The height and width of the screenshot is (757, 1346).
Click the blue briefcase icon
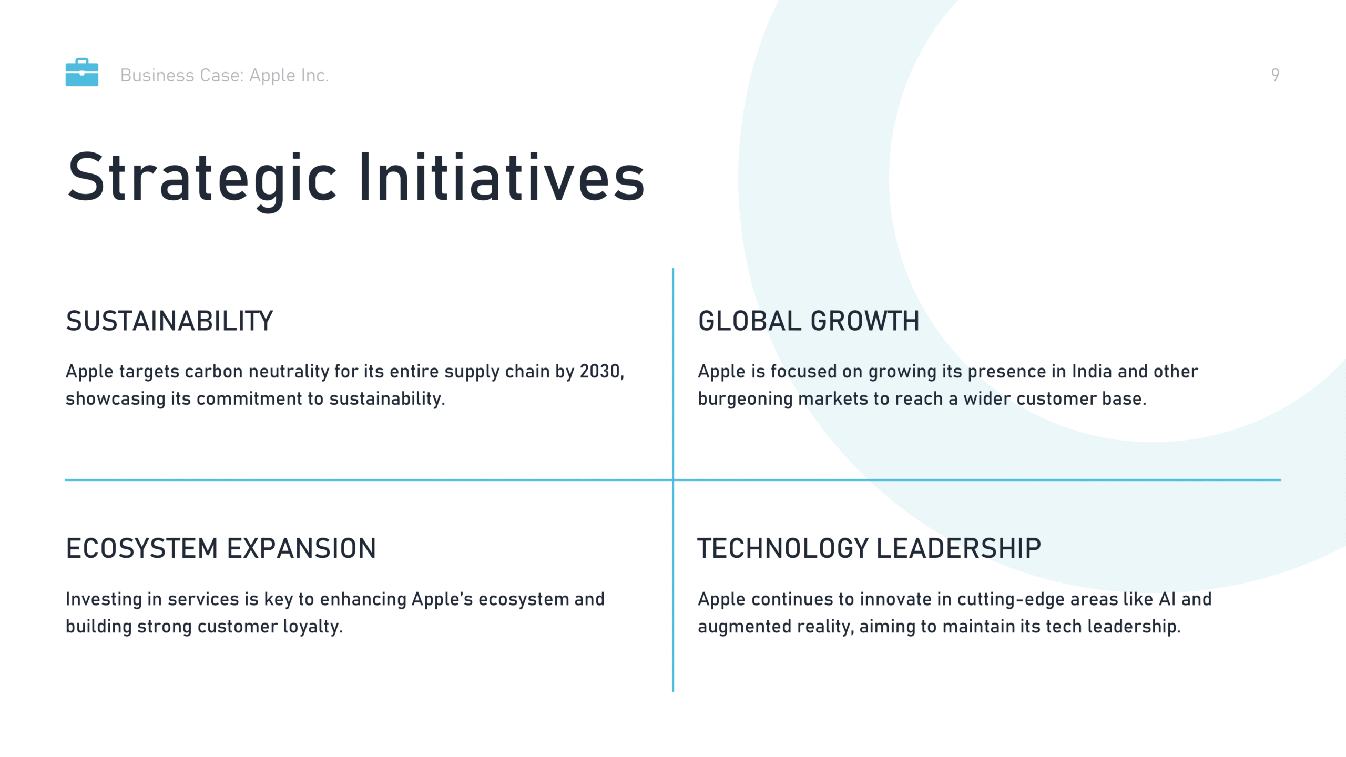tap(81, 72)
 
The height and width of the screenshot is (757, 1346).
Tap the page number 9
tap(1275, 75)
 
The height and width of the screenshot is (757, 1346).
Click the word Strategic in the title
tap(202, 178)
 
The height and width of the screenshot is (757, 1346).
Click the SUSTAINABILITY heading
tap(169, 321)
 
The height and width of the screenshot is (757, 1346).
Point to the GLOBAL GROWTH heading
tap(809, 321)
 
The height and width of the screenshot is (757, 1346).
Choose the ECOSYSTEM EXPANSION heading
tap(221, 548)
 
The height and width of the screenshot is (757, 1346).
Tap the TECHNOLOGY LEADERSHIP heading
tap(869, 548)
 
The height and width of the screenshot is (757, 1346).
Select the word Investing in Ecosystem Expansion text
tap(104, 600)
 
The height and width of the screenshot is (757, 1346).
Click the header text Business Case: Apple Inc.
tap(225, 76)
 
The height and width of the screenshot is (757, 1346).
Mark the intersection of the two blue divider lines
tap(673, 480)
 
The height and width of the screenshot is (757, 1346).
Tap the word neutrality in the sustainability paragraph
tap(289, 372)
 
